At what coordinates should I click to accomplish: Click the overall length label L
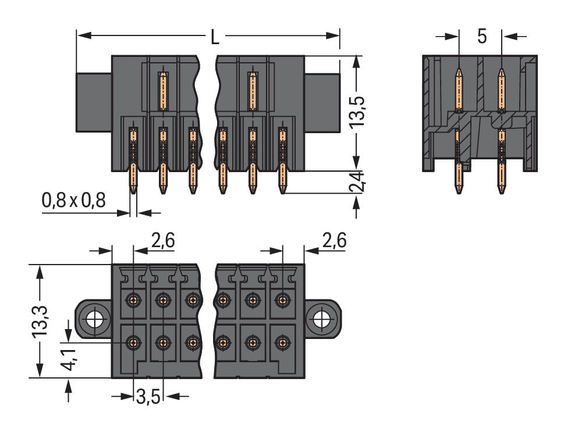[215, 38]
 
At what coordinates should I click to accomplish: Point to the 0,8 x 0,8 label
[73, 201]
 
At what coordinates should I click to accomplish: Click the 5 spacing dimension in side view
[481, 36]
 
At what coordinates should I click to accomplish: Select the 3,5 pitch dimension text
[148, 398]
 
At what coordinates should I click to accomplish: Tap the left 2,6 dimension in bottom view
[162, 240]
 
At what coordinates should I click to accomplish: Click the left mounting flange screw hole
[94, 319]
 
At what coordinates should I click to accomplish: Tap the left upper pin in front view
[163, 91]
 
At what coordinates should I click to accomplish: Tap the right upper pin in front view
[252, 91]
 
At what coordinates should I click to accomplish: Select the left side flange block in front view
[93, 102]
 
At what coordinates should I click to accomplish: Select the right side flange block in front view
[322, 102]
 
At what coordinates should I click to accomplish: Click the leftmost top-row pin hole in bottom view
[134, 300]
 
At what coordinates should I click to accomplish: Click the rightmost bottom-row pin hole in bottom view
[282, 342]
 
